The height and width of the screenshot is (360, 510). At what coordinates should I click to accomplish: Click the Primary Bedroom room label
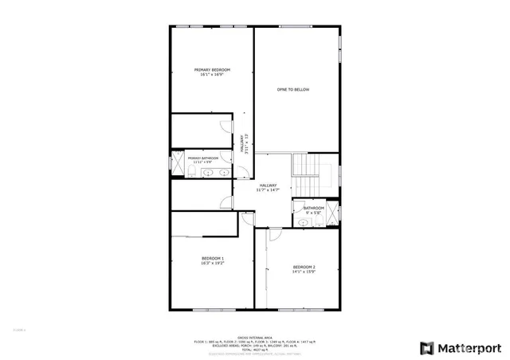tap(212, 70)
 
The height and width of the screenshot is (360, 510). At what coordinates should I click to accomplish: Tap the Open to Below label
tap(292, 90)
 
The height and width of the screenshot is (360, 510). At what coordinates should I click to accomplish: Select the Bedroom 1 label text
tap(213, 258)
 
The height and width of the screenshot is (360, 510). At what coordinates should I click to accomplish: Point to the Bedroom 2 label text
tap(304, 266)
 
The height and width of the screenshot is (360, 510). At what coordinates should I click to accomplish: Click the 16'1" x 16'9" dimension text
tap(212, 75)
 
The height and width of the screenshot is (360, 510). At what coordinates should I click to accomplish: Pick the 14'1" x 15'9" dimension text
tap(304, 271)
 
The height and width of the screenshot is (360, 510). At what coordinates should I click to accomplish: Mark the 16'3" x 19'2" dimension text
tap(213, 263)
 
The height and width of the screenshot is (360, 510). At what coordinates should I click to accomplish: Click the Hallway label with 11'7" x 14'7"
tap(268, 186)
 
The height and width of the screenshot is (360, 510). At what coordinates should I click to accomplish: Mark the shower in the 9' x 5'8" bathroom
tap(332, 213)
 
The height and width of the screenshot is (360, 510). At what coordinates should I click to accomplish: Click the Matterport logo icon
tap(428, 347)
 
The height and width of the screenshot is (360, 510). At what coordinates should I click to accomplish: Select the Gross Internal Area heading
tap(254, 336)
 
